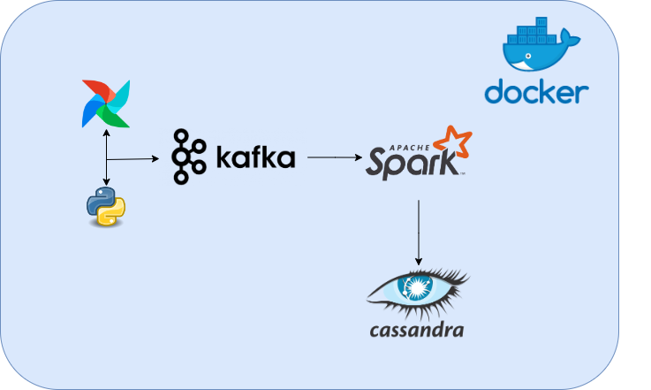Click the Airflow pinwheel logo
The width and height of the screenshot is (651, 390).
pos(106,103)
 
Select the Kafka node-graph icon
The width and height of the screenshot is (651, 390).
pos(187,157)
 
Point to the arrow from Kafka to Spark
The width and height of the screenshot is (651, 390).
pos(336,158)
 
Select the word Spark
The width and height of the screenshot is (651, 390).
pos(411,164)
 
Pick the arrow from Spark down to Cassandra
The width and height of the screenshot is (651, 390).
pos(419,230)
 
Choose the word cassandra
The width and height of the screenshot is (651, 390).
pos(417,331)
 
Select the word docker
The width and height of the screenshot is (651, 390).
pos(537,91)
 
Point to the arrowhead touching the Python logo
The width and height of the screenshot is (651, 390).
pos(106,184)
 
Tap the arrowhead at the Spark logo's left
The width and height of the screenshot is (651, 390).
pos(360,158)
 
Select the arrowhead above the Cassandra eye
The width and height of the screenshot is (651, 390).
pos(419,261)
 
